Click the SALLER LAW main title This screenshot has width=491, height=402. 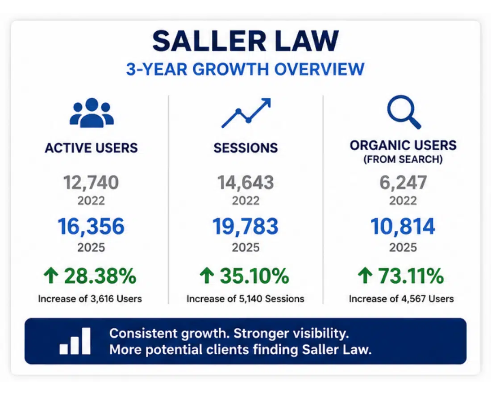click(245, 41)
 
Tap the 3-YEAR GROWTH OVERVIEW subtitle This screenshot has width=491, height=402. click(245, 69)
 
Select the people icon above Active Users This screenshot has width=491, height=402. click(92, 113)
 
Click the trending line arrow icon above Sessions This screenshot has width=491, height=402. click(246, 113)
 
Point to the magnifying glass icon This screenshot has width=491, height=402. click(404, 112)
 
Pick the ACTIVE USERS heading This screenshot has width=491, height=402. click(91, 148)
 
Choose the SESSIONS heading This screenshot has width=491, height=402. click(245, 148)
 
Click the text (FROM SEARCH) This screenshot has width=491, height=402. click(403, 159)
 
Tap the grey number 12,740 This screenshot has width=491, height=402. click(91, 183)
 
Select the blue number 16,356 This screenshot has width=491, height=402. click(91, 226)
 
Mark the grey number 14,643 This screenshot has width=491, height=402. click(245, 183)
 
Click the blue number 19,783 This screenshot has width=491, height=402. click(245, 226)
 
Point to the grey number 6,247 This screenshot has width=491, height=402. click(403, 183)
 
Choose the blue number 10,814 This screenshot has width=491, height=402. click(403, 226)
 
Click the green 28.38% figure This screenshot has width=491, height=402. click(100, 276)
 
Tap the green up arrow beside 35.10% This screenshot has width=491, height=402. click(207, 276)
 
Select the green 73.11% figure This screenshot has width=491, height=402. click(411, 276)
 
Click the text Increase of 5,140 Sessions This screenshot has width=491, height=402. click(245, 299)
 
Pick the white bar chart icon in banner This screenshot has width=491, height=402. click(75, 341)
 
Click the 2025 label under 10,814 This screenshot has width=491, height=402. click(403, 247)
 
